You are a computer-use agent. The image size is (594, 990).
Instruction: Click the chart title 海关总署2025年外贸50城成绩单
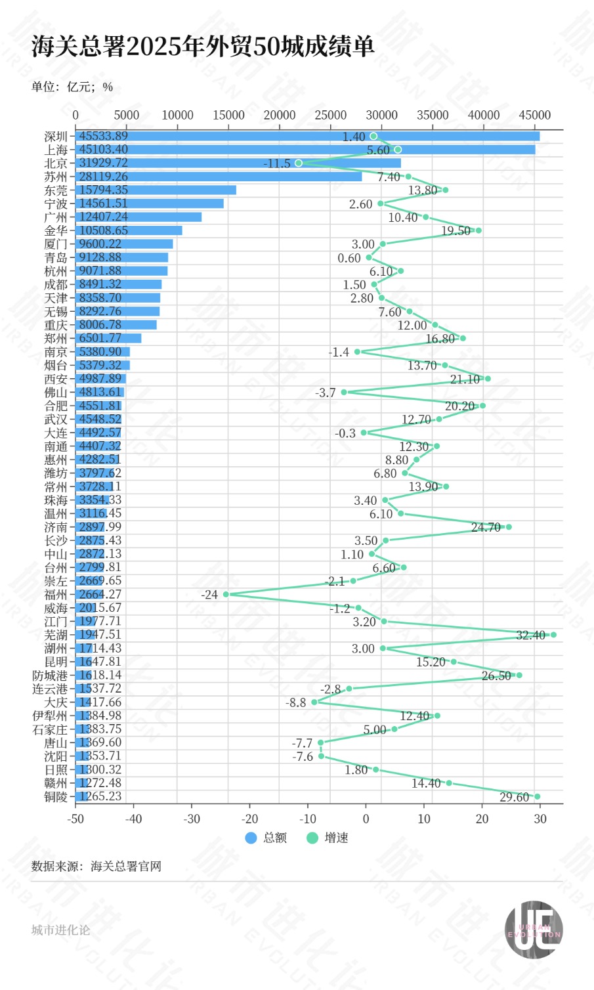203,47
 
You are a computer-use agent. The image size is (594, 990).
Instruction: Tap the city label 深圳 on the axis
56,137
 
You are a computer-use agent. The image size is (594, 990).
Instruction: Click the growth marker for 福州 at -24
226,594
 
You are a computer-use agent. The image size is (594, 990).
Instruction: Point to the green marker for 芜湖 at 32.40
553,635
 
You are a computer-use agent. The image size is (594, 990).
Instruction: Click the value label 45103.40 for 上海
104,150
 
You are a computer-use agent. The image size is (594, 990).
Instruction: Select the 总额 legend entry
266,838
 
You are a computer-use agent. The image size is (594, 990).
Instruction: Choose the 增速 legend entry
328,838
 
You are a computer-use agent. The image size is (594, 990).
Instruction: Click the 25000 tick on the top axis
330,115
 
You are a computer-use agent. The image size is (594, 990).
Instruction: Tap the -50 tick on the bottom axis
75,819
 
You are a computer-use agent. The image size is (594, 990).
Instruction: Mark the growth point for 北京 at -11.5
299,163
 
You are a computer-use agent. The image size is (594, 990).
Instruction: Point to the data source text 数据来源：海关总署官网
96,867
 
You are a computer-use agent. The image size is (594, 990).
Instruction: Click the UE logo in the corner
534,930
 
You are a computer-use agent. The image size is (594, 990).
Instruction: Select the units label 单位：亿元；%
72,87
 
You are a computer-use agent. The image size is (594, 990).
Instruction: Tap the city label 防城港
50,676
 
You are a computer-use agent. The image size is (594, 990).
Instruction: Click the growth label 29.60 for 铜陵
514,797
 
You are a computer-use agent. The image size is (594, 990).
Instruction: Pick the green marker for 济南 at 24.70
509,527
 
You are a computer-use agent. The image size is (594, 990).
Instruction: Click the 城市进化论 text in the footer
60,930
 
